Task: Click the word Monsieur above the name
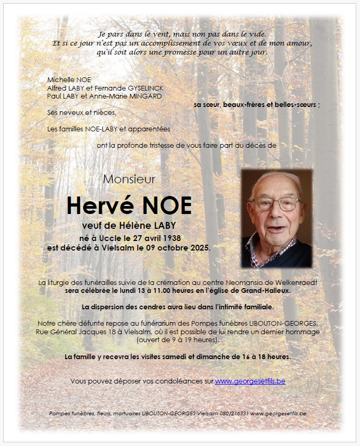(129, 179)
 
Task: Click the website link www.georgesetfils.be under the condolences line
(250, 381)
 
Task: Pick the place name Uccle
(107, 238)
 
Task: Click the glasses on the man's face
(276, 204)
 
